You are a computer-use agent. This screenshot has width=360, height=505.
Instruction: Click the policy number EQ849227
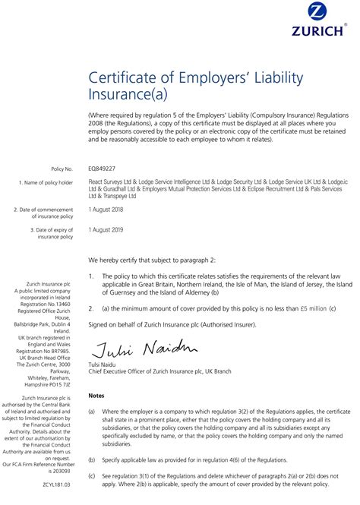[x=102, y=168]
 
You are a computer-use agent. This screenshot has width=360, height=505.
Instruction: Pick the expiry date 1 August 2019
[x=107, y=228]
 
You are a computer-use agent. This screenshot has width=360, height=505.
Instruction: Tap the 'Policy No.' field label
[x=62, y=169]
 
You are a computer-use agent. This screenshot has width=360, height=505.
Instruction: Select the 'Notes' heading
[x=96, y=396]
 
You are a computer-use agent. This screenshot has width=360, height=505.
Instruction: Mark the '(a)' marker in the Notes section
[x=92, y=411]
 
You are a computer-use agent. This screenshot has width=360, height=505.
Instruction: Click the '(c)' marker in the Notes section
[x=92, y=475]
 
